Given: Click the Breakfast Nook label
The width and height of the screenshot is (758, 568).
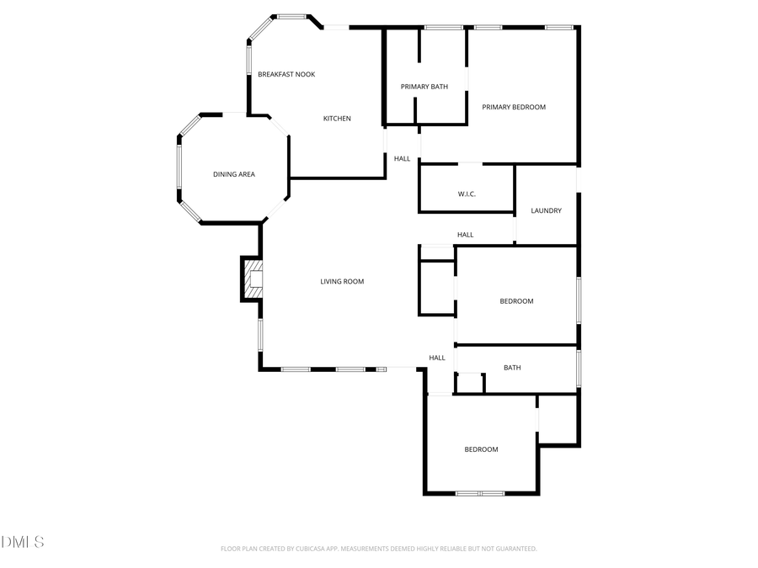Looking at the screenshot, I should pyautogui.click(x=286, y=75).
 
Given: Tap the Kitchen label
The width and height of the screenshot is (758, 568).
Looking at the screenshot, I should pyautogui.click(x=337, y=119).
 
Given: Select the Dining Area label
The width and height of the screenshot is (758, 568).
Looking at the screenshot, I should pyautogui.click(x=233, y=174).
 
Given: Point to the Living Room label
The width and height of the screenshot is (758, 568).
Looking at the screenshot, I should pyautogui.click(x=342, y=282).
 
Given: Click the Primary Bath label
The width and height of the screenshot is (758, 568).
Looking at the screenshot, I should pyautogui.click(x=424, y=87).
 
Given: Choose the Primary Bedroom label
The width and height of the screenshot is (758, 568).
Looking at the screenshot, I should pyautogui.click(x=514, y=107).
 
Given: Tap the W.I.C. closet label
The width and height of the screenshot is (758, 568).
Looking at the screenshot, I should pyautogui.click(x=467, y=194).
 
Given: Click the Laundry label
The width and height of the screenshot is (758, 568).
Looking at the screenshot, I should pyautogui.click(x=546, y=210).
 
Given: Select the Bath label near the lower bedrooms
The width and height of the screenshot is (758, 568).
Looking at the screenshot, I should pyautogui.click(x=512, y=368).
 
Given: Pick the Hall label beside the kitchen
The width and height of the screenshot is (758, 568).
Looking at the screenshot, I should pyautogui.click(x=402, y=158).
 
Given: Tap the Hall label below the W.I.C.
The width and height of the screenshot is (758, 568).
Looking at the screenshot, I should pyautogui.click(x=465, y=235).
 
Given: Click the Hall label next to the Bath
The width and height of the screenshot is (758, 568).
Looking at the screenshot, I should pyautogui.click(x=437, y=358).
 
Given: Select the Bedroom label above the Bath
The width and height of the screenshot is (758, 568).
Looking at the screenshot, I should pyautogui.click(x=516, y=301).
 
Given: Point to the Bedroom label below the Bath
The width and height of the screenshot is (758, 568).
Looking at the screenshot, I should pyautogui.click(x=481, y=449).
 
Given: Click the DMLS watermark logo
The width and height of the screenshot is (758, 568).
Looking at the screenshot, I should pyautogui.click(x=23, y=541).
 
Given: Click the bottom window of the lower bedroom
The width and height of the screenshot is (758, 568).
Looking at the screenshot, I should pyautogui.click(x=479, y=493).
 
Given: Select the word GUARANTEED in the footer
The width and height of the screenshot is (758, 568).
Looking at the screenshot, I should pyautogui.click(x=513, y=549).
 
